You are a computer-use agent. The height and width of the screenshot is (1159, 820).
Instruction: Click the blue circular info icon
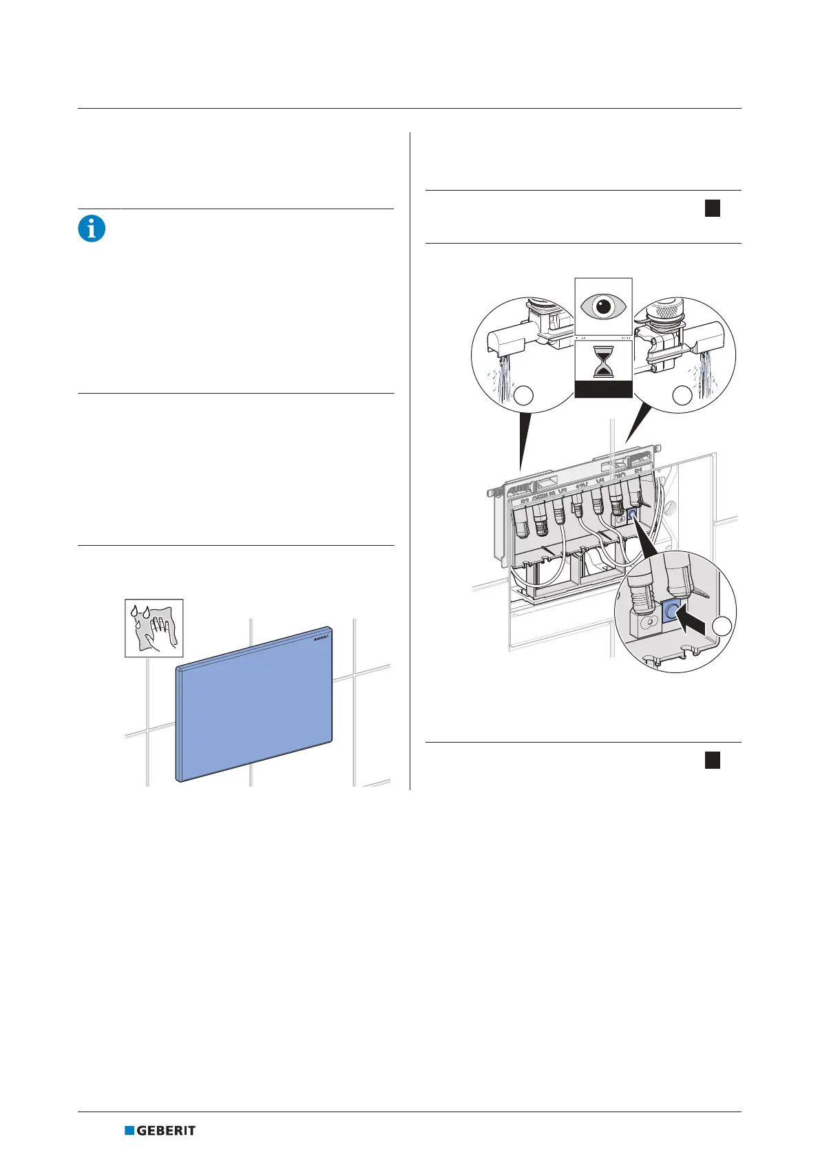[x=92, y=228]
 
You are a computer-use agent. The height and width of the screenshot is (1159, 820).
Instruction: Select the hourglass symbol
[x=603, y=362]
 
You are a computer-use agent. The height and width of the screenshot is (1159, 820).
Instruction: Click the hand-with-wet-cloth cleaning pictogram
[x=154, y=628]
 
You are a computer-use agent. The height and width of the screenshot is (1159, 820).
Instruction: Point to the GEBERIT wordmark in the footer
[x=166, y=1130]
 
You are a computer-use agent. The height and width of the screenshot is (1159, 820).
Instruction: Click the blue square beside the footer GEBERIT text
[x=129, y=1130]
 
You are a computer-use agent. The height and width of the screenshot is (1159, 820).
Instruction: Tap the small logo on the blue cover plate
[x=322, y=638]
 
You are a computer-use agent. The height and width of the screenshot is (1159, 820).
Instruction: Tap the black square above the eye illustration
[x=713, y=209]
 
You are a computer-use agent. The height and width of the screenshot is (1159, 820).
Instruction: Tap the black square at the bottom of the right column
[x=713, y=760]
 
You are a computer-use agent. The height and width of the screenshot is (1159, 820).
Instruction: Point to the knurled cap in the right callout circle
[x=664, y=312]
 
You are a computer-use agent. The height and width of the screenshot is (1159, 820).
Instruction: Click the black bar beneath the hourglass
[x=603, y=390]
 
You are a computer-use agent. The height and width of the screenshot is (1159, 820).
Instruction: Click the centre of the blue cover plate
[x=255, y=705]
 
